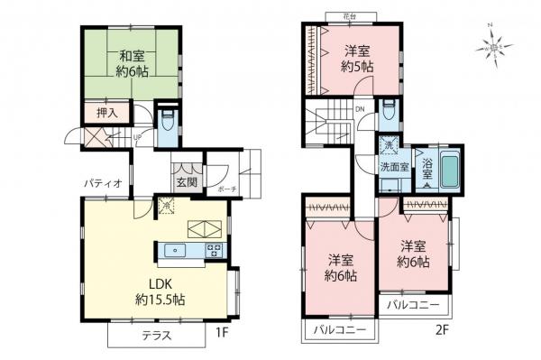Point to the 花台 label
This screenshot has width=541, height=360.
point(350,15)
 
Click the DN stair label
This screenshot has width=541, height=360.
point(360,111)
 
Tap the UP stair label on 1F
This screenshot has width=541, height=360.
point(137,137)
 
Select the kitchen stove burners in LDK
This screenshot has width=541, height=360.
point(215,251)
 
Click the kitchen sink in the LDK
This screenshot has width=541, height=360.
point(177,251)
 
